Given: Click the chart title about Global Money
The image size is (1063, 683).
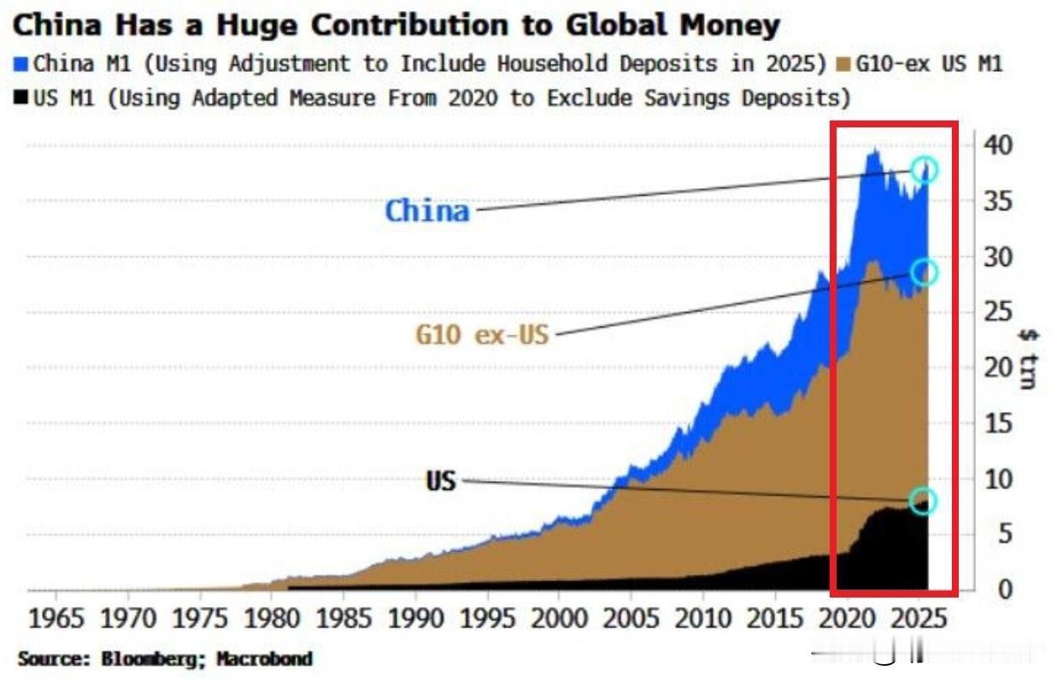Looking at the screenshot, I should pyautogui.click(x=396, y=26).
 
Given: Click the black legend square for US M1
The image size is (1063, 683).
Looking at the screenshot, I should pyautogui.click(x=21, y=97).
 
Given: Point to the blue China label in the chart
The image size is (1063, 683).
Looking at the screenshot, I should pyautogui.click(x=427, y=210).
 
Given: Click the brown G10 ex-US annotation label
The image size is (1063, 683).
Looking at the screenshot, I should pyautogui.click(x=482, y=333).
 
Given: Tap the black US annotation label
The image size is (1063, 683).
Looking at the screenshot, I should pyautogui.click(x=441, y=481).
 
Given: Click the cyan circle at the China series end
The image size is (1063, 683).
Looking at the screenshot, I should pyautogui.click(x=924, y=170).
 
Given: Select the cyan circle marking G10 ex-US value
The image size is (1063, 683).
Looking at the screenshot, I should pyautogui.click(x=924, y=273).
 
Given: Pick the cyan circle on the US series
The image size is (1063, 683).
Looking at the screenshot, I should pyautogui.click(x=923, y=501).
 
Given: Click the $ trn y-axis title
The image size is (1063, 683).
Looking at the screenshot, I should pyautogui.click(x=1028, y=359).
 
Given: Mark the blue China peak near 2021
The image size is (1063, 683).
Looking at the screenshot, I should pyautogui.click(x=873, y=155).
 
